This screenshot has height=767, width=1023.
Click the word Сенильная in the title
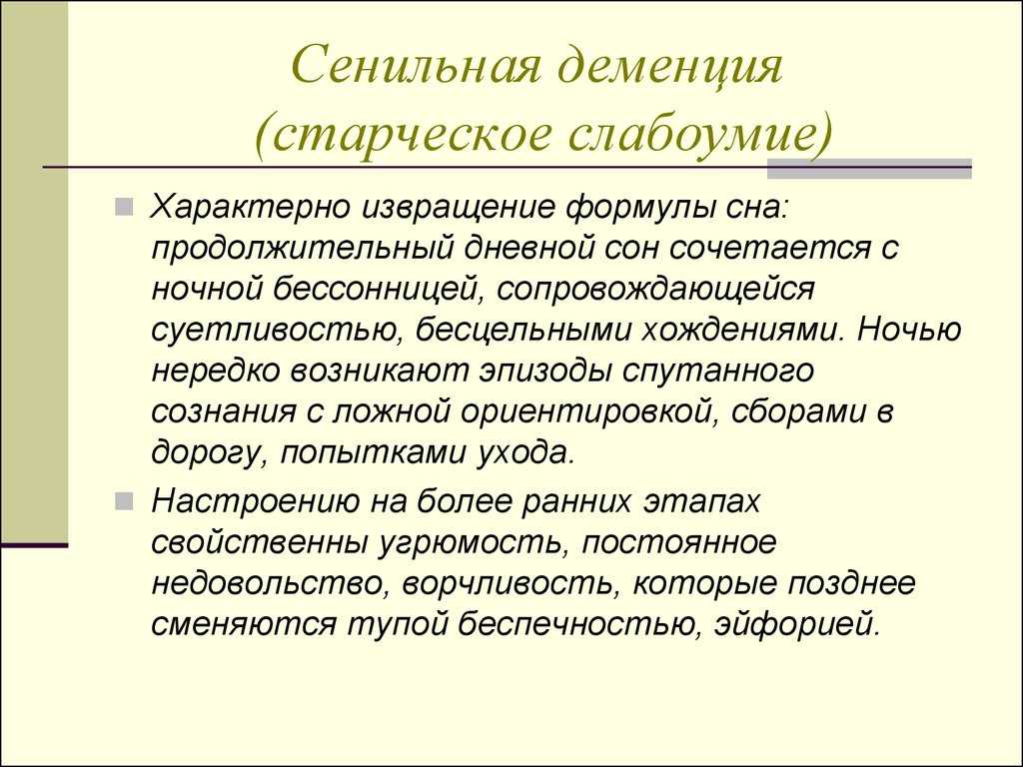(x=417, y=65)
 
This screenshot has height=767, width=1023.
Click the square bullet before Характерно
(x=124, y=208)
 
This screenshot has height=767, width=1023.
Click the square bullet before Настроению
(x=124, y=502)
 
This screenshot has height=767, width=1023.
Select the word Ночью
(x=909, y=330)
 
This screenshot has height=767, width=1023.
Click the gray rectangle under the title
(x=869, y=168)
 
